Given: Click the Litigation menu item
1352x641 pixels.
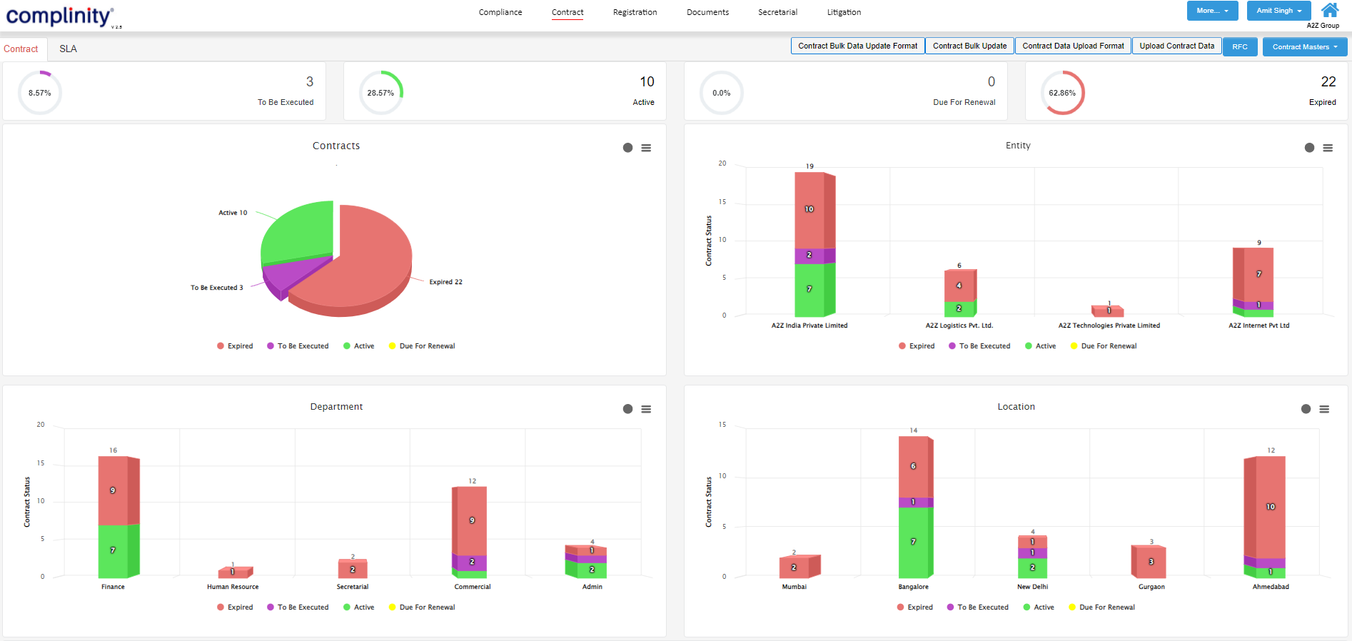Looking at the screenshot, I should (844, 12).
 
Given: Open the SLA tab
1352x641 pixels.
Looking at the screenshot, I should (68, 49).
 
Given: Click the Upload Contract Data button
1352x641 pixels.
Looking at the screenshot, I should (1176, 46).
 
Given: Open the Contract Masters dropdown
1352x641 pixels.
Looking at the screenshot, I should (1304, 47).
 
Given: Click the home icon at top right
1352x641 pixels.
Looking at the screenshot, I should (1329, 10).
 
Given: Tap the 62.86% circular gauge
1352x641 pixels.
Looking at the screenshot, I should (1062, 93).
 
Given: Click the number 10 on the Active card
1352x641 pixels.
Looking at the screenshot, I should (647, 82).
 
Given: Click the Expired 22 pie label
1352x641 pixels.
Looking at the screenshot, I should (445, 282).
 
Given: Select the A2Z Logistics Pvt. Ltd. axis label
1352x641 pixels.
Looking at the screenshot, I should (959, 325).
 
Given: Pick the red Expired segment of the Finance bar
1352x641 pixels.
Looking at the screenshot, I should (113, 490).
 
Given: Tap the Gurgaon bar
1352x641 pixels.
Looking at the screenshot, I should (1149, 562).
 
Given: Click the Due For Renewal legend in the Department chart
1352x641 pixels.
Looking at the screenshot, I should (426, 607).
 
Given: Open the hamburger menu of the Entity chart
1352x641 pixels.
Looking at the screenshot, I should (1328, 148).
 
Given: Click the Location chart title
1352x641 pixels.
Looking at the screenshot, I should (1016, 407).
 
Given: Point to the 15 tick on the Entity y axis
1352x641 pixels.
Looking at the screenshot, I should (722, 202).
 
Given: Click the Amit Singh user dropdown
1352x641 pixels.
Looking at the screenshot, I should (1278, 11).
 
